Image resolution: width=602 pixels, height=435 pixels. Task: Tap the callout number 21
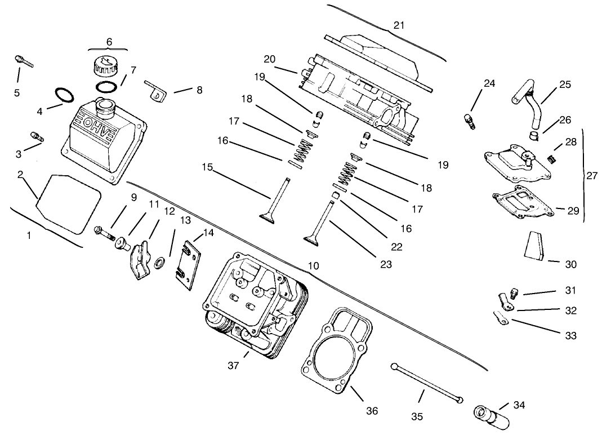(x=399, y=25)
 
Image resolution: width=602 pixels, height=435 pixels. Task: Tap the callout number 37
(x=234, y=366)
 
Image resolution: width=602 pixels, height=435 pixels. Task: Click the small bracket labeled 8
(x=155, y=90)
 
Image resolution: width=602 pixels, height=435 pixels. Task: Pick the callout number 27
(x=591, y=175)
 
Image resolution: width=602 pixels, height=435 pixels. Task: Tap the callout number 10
(x=314, y=265)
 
